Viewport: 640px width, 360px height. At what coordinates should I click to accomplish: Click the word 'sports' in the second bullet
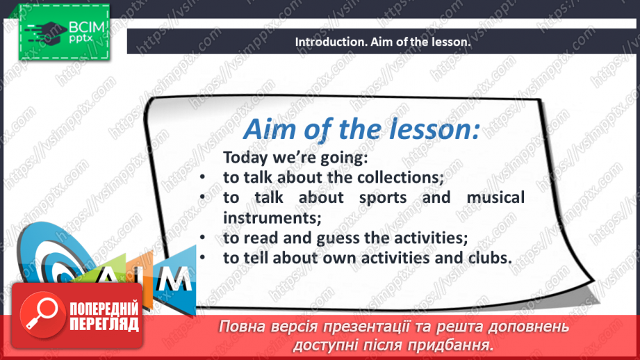pyautogui.click(x=383, y=197)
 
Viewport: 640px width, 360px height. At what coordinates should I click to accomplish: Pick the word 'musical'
pyautogui.click(x=495, y=197)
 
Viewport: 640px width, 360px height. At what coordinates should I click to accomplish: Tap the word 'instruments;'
pyautogui.click(x=272, y=218)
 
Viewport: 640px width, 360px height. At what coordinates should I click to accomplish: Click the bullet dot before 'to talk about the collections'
pyautogui.click(x=202, y=177)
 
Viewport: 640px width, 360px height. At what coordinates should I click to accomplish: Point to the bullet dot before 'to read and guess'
pyautogui.click(x=202, y=238)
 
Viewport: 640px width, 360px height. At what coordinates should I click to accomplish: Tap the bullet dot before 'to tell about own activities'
pyautogui.click(x=202, y=258)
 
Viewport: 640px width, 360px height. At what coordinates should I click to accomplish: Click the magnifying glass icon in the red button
pyautogui.click(x=42, y=314)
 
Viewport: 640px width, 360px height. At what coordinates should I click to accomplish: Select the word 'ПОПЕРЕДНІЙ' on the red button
pyautogui.click(x=104, y=309)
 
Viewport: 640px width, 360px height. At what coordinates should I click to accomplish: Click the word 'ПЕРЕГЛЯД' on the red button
pyautogui.click(x=104, y=325)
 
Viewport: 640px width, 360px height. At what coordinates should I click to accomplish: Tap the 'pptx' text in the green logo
pyautogui.click(x=81, y=39)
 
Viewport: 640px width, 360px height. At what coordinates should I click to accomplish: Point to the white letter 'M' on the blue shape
pyautogui.click(x=174, y=279)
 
